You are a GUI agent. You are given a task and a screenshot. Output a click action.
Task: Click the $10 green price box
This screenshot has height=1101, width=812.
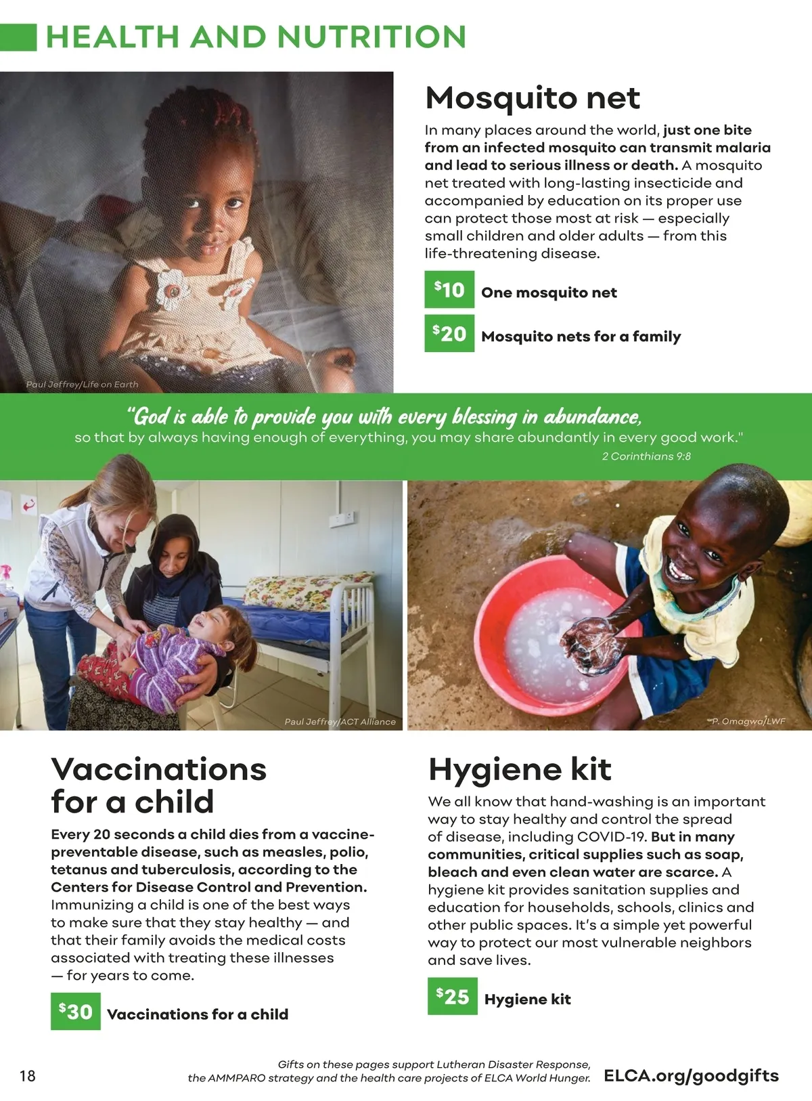[449, 290]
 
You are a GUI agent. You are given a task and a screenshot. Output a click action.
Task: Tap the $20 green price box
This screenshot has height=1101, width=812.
[449, 333]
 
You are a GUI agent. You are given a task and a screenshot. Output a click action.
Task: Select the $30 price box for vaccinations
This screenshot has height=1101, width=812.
[76, 1011]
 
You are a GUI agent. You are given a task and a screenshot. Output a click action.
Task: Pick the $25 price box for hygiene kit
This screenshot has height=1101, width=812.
[452, 996]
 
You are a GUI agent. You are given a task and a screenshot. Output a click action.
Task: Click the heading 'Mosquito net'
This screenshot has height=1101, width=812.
[533, 98]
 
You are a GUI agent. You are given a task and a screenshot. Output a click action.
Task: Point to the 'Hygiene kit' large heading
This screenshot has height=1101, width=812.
[520, 769]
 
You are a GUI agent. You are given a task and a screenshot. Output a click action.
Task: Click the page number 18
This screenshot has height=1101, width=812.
[28, 1076]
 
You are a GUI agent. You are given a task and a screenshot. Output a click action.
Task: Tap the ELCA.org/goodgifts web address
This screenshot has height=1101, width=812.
[691, 1076]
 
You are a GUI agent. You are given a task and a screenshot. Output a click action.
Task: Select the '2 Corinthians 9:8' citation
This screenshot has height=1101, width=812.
[646, 456]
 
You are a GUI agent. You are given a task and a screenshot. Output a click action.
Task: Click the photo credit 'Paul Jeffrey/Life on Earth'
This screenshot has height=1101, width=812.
[82, 385]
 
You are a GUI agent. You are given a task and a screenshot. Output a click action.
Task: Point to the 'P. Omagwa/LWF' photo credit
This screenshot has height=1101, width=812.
[748, 721]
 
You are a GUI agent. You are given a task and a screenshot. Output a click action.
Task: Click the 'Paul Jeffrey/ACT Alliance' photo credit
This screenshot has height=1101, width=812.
[340, 722]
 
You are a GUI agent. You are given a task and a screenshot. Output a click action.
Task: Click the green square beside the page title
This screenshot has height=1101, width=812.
[18, 37]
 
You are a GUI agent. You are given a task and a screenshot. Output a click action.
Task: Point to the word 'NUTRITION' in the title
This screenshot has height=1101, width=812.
[371, 37]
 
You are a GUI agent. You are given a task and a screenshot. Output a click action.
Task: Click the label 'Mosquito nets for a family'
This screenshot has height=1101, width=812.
[581, 337]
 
